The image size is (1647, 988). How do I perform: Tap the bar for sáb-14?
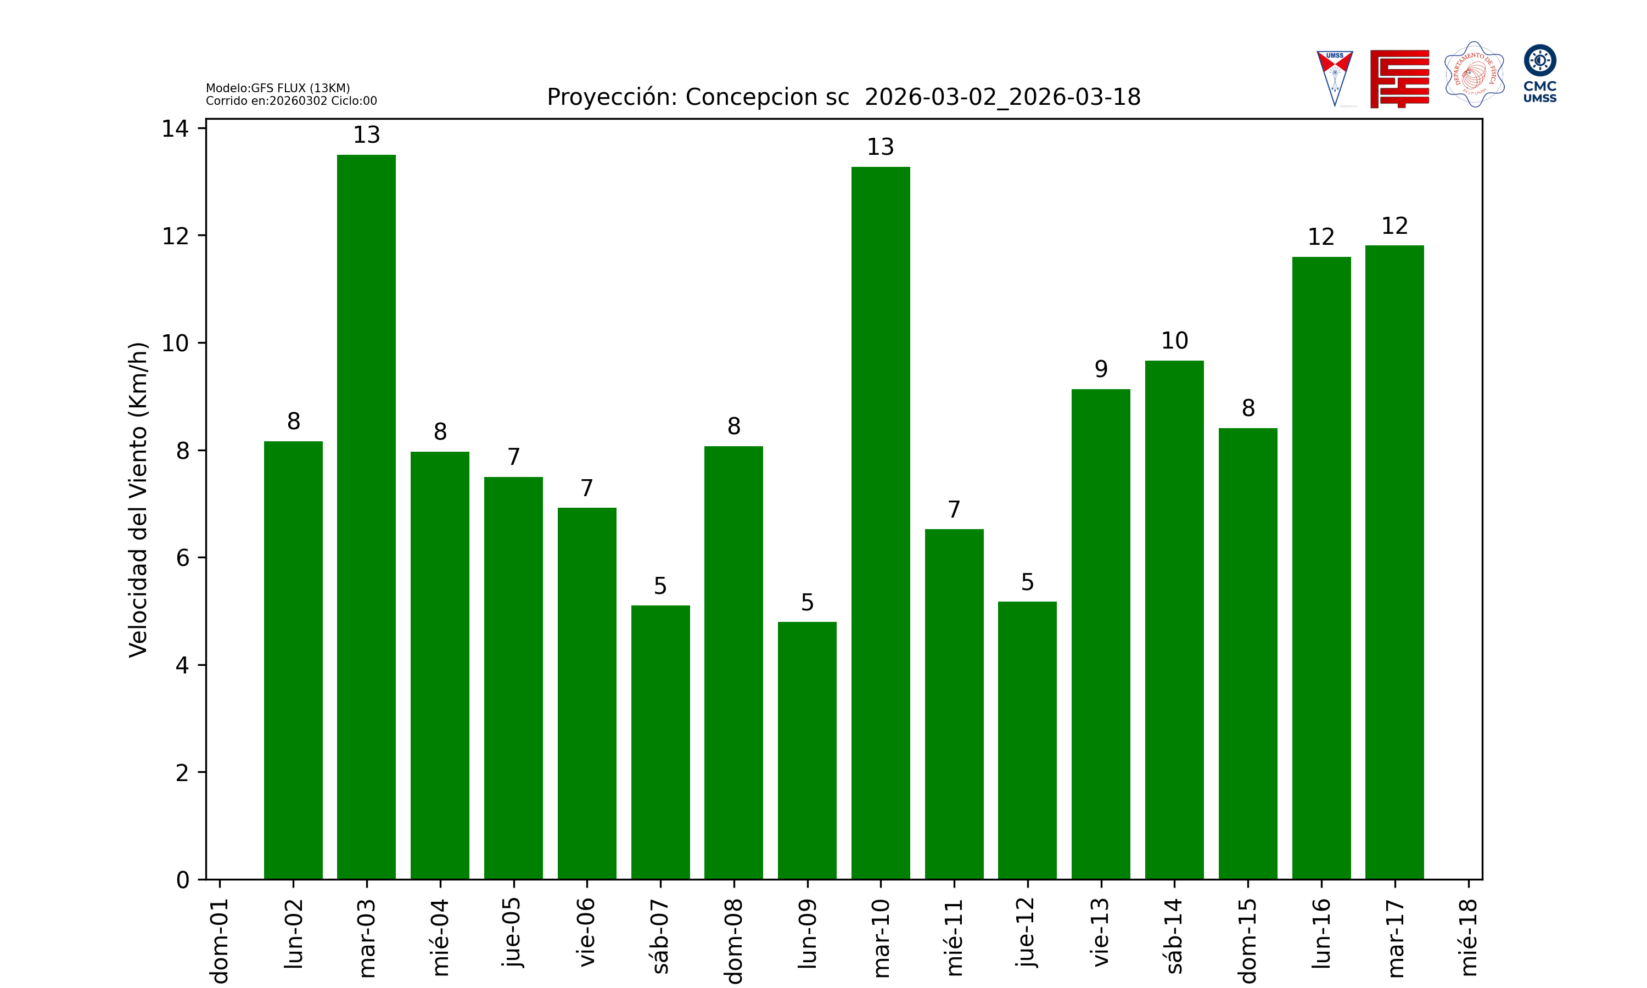coord(1174,620)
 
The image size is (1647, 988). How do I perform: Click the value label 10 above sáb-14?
coord(1174,341)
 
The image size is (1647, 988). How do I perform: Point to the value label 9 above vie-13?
coord(1101,369)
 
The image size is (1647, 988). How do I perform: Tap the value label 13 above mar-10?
coord(880,147)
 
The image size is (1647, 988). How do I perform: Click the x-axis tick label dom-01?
coord(220,940)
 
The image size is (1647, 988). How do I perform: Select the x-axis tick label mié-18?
coord(1468,938)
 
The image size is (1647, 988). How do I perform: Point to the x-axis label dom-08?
coord(733,940)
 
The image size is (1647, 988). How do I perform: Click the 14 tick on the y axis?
coord(175,128)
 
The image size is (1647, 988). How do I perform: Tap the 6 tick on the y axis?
coord(182,558)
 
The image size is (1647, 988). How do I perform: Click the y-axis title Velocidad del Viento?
coord(138,499)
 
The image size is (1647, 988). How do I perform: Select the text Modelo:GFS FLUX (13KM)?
coord(278,88)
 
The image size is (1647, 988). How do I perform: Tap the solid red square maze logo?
coord(1399,78)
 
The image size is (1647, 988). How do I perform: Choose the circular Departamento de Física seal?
coord(1474,75)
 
